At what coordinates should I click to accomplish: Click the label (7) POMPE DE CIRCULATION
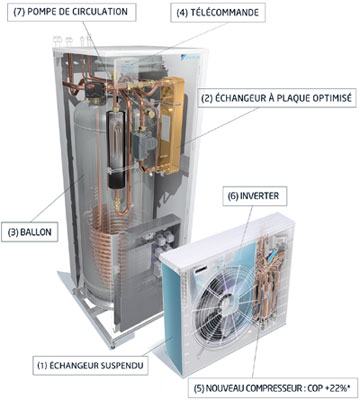tap(72, 13)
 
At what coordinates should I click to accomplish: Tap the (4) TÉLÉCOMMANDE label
tap(218, 13)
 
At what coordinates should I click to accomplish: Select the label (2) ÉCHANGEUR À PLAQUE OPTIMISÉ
tap(277, 98)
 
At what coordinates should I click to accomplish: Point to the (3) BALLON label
tap(33, 232)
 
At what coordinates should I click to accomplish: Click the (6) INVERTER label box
tap(255, 196)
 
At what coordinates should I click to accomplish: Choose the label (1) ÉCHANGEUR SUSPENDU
tap(90, 365)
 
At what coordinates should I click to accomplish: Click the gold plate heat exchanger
tap(171, 126)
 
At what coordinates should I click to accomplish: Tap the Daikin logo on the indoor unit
tap(190, 57)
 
